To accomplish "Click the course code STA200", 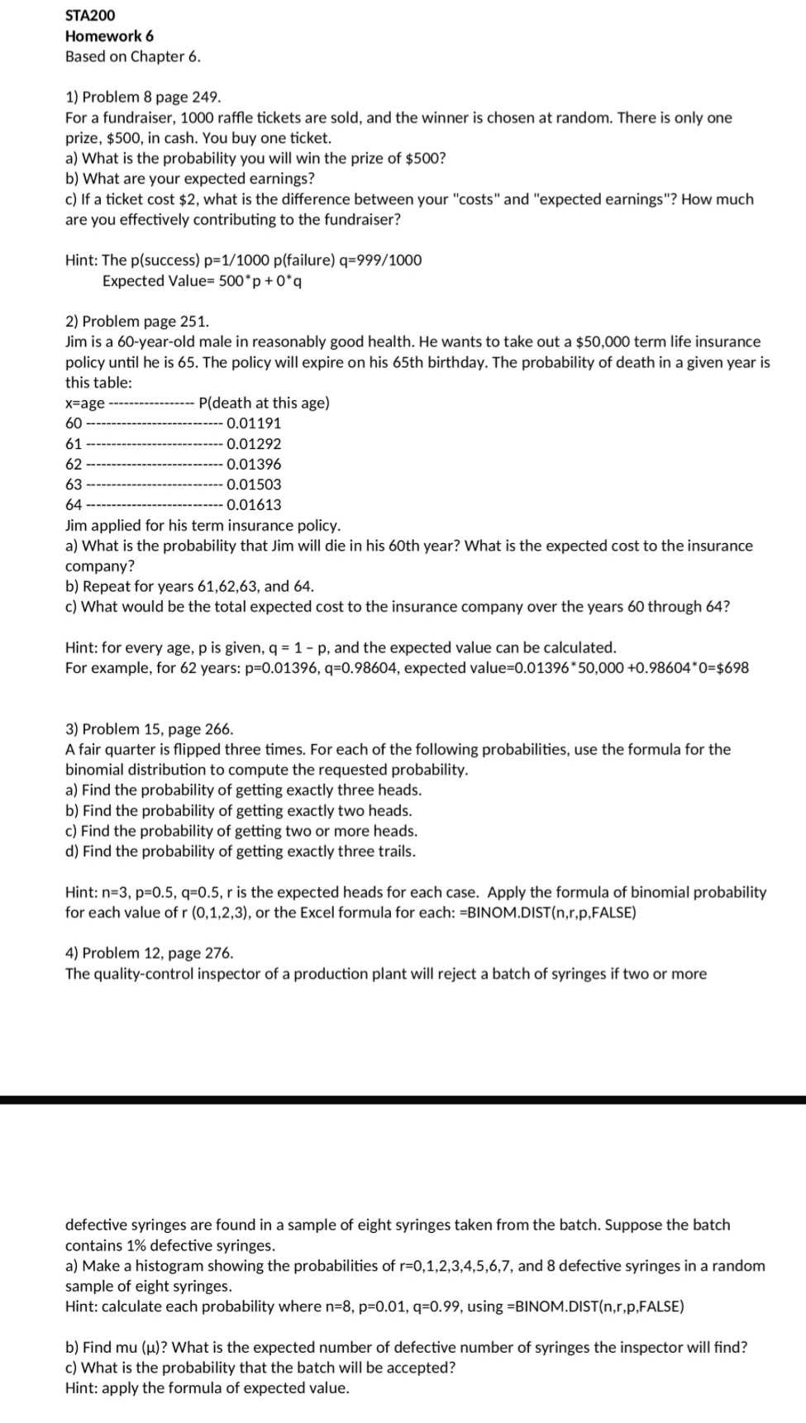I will (x=90, y=15).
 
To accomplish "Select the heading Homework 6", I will (x=109, y=36).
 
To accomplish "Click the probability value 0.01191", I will (x=253, y=423).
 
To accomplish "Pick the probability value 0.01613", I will (x=253, y=504).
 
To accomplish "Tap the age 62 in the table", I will (x=74, y=464).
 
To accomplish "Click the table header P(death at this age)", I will (x=265, y=403).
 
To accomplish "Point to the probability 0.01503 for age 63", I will (x=253, y=485).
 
